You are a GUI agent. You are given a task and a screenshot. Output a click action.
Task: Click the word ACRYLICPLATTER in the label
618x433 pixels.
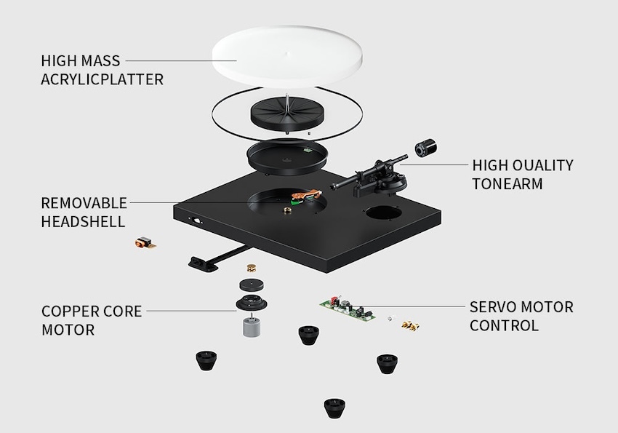[102, 79]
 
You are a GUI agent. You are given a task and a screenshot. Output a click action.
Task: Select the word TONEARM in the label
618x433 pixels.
[507, 184]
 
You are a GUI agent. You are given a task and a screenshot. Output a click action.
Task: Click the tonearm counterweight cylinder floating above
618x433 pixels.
[425, 148]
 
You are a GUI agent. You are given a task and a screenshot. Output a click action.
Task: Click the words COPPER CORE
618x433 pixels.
[92, 311]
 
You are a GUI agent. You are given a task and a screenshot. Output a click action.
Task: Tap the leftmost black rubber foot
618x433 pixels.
[205, 359]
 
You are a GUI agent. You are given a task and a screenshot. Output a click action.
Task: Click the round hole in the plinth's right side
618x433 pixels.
[384, 213]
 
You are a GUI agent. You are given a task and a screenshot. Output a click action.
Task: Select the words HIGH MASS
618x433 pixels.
[81, 60]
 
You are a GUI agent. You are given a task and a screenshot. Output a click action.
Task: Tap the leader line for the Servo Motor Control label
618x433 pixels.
[414, 306]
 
